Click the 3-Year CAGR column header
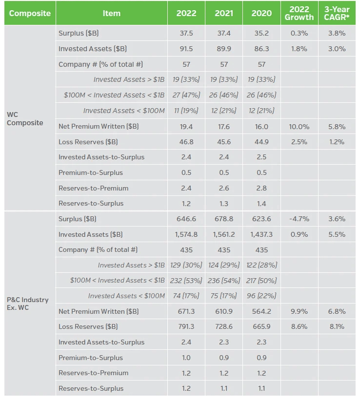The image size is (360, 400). (338, 13)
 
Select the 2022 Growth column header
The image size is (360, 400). (300, 13)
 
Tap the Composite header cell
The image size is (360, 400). (30, 13)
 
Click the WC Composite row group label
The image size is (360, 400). (25, 119)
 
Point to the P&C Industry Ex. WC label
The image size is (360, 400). (28, 304)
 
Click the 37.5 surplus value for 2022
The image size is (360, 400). (186, 34)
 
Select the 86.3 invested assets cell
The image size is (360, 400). (261, 49)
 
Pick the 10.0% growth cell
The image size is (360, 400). (300, 127)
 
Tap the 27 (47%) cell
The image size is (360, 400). (186, 95)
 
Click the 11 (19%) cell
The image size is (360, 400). (186, 111)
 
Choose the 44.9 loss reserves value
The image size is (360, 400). (261, 142)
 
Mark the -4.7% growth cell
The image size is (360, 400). (300, 219)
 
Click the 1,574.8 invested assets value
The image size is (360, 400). (186, 234)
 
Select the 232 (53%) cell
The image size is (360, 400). (186, 280)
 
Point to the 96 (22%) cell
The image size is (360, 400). (261, 296)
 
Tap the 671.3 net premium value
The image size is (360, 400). (186, 311)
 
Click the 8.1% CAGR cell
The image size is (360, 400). (338, 326)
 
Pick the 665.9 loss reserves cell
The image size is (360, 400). (261, 326)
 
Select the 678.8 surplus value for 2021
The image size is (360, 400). (224, 219)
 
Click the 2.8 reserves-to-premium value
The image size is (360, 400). (261, 188)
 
